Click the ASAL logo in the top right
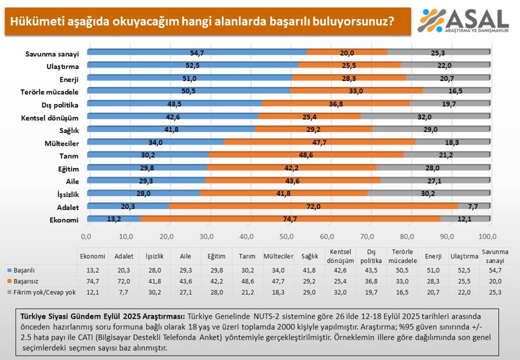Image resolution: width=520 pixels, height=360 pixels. tap(464, 20)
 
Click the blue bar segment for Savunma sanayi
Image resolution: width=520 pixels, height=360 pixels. tap(197, 52)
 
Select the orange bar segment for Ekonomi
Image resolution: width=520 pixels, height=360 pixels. tap(288, 219)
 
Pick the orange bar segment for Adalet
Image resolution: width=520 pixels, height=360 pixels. tap(313, 206)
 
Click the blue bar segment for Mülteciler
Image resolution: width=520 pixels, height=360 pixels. tap(155, 143)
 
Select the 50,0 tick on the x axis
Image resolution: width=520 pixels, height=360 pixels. tap(287, 236)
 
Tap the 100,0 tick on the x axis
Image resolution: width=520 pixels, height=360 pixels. tap(488, 236)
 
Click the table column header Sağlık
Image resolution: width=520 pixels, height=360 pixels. tap(310, 256)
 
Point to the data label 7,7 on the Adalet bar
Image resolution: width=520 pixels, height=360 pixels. tap(474, 206)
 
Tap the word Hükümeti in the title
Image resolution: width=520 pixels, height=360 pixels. tap(33, 21)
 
